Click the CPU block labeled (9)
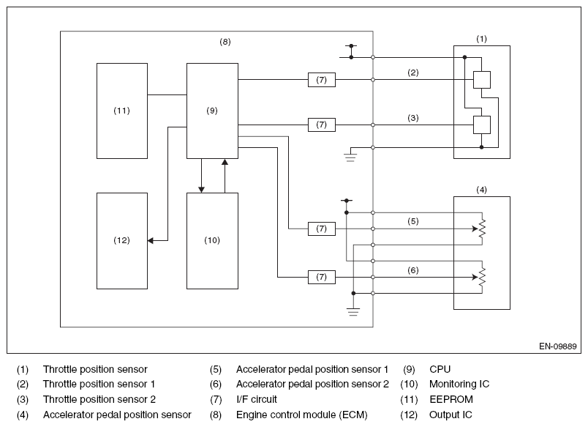[x=212, y=111]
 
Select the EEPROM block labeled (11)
[x=122, y=111]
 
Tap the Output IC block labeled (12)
[x=122, y=241]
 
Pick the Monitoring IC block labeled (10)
[x=212, y=241]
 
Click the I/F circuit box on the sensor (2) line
[x=321, y=80]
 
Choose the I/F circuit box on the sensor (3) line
[x=321, y=125]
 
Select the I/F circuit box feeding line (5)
[x=321, y=229]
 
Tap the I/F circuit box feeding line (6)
[x=321, y=277]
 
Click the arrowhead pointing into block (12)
[x=151, y=240]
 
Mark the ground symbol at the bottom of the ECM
[x=353, y=312]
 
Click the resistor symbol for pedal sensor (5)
[x=482, y=228]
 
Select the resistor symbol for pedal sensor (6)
[x=482, y=277]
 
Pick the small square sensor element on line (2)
[x=481, y=80]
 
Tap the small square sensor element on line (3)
[x=481, y=125]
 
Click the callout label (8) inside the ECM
[x=225, y=42]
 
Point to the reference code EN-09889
[x=557, y=346]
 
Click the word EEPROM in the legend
[x=451, y=399]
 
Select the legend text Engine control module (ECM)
[x=302, y=415]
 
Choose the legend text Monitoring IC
[x=459, y=385]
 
